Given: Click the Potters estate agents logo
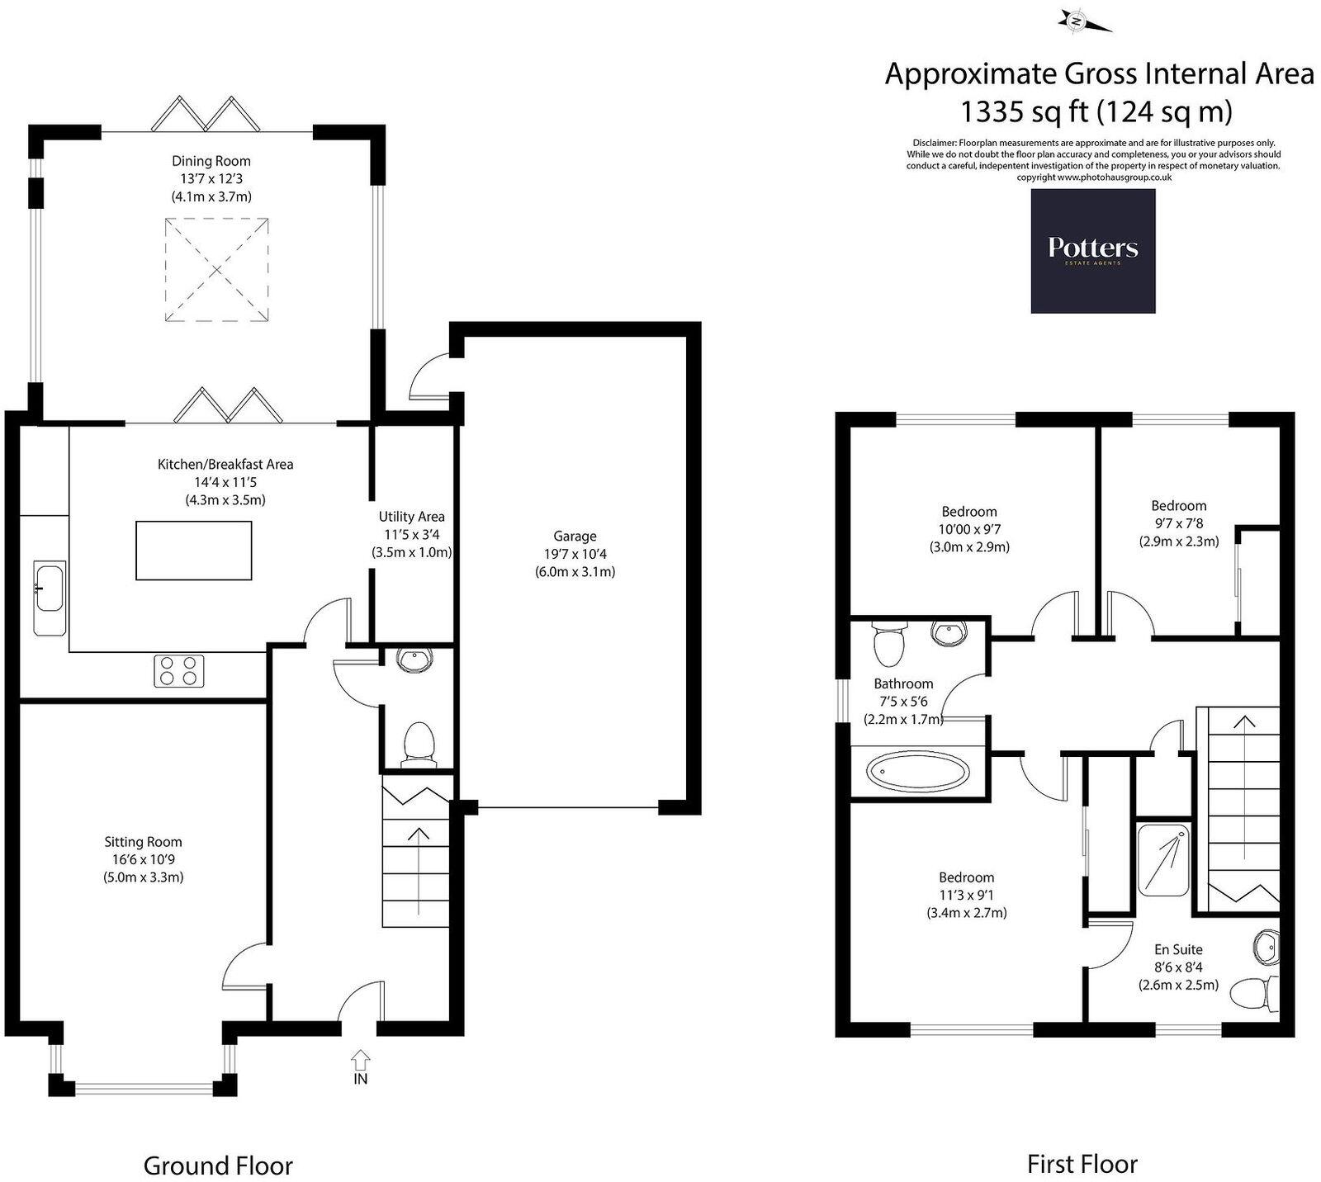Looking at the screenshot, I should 1092,251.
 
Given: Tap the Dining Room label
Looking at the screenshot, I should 211,161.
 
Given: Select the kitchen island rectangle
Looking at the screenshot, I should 193,551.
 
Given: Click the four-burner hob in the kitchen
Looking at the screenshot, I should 178,670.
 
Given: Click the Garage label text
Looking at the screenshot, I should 575,536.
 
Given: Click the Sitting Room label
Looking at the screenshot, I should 143,842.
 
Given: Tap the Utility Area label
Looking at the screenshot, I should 411,517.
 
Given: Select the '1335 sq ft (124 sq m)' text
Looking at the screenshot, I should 1096,110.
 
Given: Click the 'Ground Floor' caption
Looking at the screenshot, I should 218,1165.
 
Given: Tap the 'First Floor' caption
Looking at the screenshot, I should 1082,1164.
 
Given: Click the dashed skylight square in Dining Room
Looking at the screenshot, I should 216,269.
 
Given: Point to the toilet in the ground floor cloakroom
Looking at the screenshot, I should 418,743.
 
